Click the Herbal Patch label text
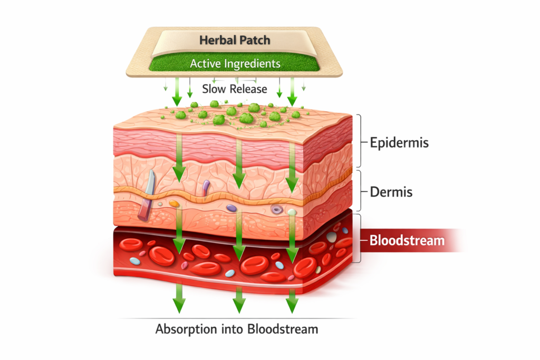(235, 40)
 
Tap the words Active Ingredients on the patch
(235, 64)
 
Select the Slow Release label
(235, 89)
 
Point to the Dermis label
(391, 191)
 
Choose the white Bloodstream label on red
(407, 241)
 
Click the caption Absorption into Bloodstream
(237, 329)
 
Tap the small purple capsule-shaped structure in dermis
(206, 186)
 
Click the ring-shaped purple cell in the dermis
(276, 210)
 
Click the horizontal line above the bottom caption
(237, 318)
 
